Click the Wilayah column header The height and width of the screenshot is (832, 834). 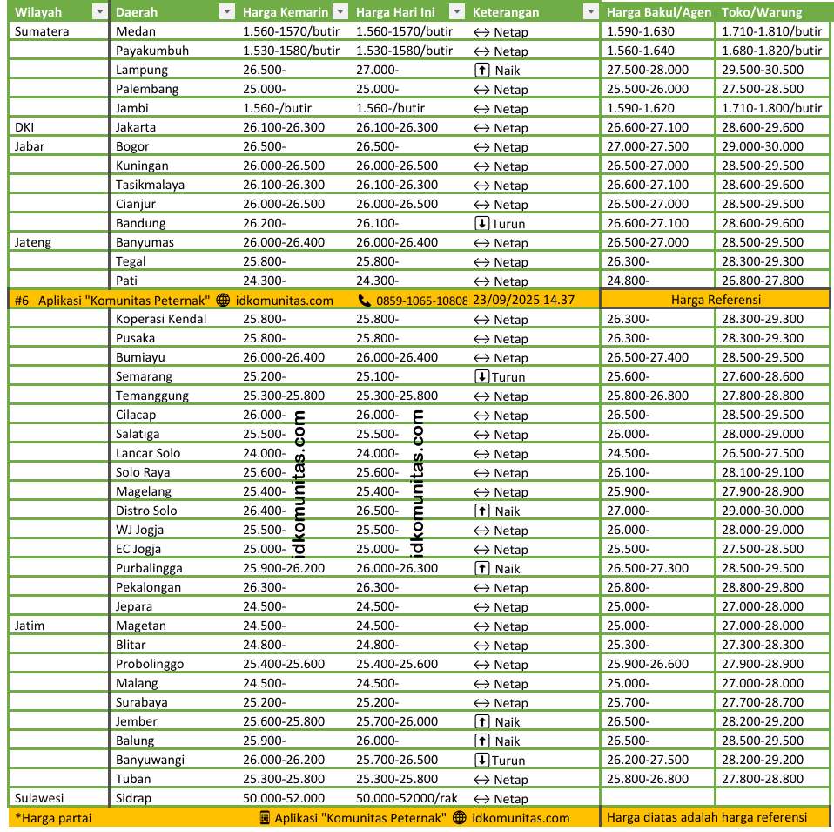point(38,12)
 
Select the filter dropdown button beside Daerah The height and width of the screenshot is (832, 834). point(226,12)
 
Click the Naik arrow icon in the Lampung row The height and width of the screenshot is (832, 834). point(481,70)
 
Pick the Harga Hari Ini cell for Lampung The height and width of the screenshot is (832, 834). point(378,70)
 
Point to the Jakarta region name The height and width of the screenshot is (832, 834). point(136,127)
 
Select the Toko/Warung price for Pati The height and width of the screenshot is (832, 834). point(763,281)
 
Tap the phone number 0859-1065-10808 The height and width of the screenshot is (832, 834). point(421,300)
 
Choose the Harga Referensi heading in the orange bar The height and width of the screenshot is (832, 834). point(715,300)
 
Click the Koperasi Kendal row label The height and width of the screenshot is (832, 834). point(161,319)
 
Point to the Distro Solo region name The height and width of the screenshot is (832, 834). point(146,511)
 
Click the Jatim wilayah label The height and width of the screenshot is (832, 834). point(30,626)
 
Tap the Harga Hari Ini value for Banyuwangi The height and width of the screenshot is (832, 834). point(397,760)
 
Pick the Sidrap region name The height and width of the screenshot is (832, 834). point(133,798)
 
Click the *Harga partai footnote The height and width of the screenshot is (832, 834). point(53,817)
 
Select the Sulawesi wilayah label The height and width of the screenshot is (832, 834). point(39,798)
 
